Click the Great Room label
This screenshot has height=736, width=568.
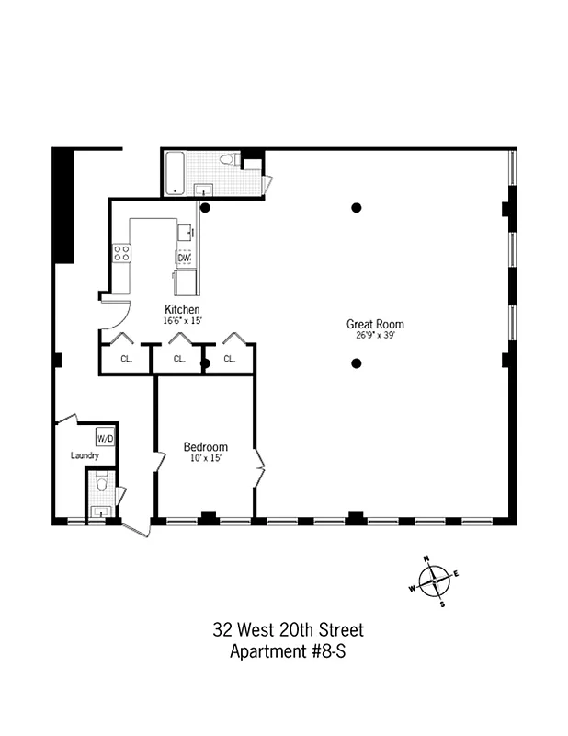[x=374, y=324]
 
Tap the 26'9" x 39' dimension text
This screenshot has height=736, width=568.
[x=374, y=335]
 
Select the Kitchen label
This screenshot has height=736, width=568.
[x=182, y=309]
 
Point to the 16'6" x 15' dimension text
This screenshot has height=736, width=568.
[x=182, y=320]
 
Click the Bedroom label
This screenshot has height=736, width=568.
[x=205, y=447]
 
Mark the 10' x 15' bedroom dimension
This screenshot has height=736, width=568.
[x=205, y=458]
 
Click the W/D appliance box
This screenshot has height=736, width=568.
[x=106, y=438]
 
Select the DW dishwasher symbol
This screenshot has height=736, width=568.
[x=183, y=259]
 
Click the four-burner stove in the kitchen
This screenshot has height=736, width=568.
[x=121, y=253]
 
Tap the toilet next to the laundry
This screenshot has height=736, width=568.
[x=102, y=485]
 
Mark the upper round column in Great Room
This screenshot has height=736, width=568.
[x=357, y=208]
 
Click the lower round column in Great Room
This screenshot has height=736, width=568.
[x=357, y=363]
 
